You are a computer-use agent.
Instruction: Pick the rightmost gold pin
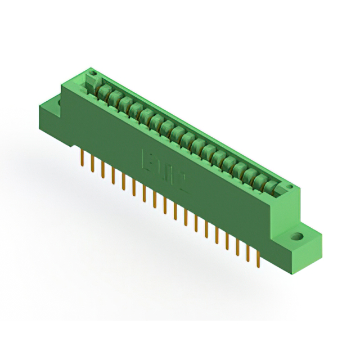tap(258, 260)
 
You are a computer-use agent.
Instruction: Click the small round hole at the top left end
tap(93, 74)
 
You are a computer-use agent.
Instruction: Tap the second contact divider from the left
tap(113, 96)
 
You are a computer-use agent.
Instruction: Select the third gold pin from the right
tap(237, 247)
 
